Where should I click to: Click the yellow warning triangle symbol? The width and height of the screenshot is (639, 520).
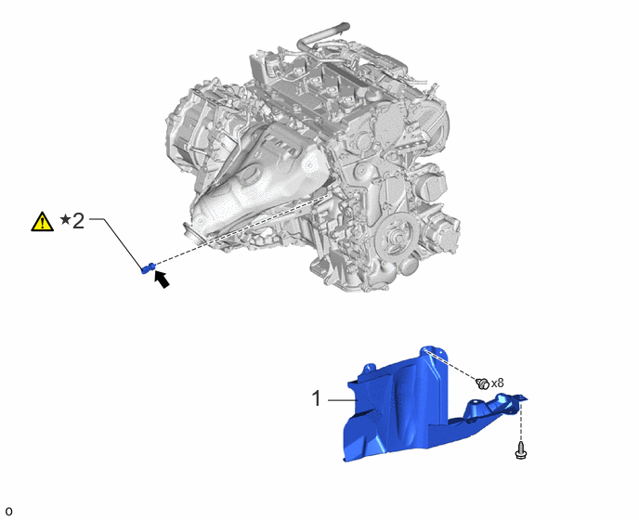click(x=43, y=222)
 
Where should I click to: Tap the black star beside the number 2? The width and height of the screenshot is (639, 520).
click(x=65, y=220)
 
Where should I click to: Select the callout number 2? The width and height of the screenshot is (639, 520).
click(x=78, y=220)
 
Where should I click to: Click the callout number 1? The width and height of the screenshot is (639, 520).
click(x=317, y=398)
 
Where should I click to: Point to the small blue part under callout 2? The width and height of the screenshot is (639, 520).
click(x=148, y=267)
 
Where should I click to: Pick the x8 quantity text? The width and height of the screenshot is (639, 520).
click(x=497, y=383)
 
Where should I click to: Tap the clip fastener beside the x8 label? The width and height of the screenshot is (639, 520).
click(x=482, y=383)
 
